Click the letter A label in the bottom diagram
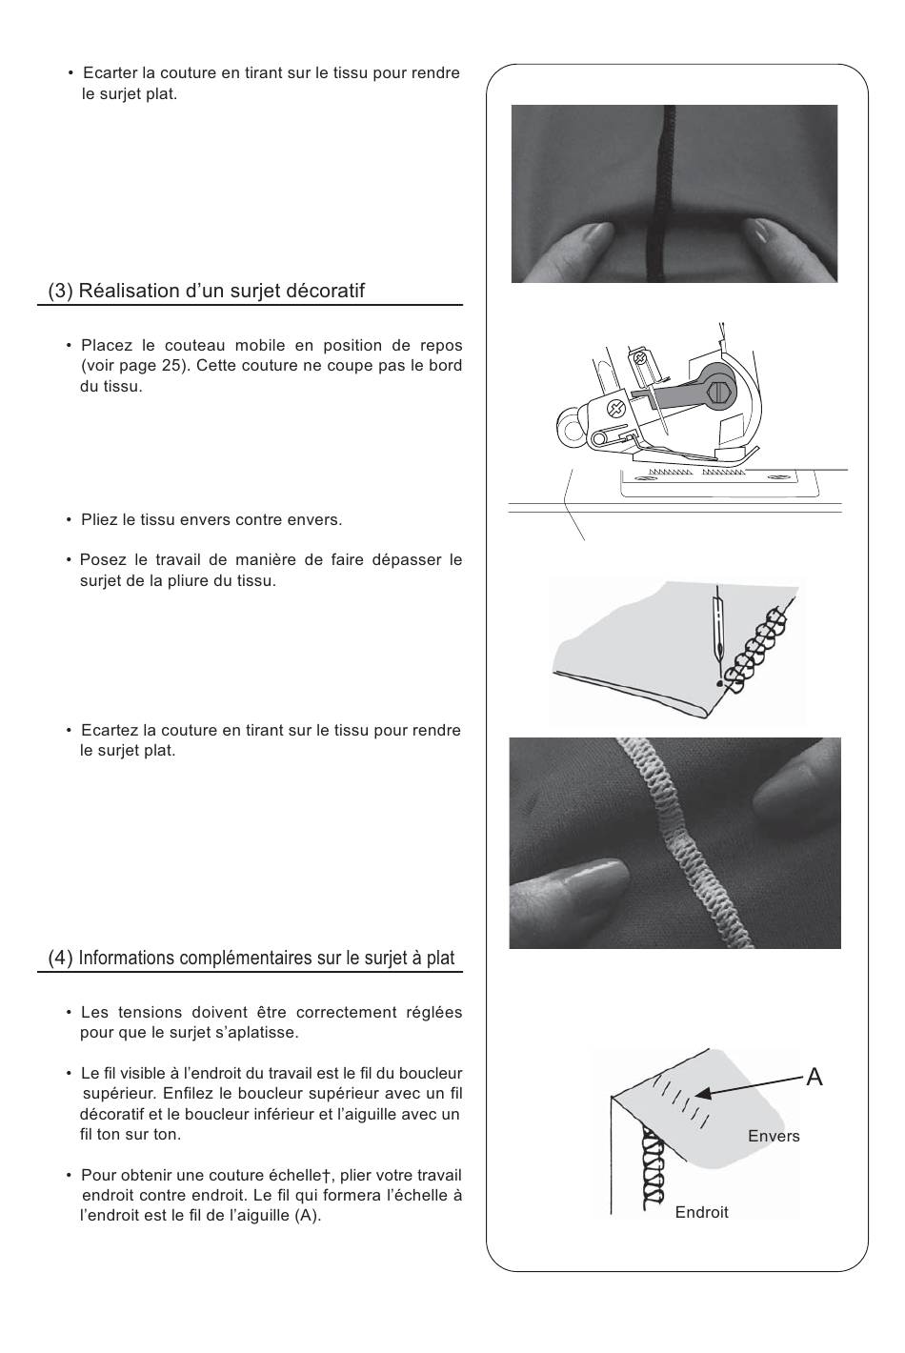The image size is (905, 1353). (x=814, y=1077)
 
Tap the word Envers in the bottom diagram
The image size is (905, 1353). (x=774, y=1136)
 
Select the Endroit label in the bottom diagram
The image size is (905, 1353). (x=701, y=1212)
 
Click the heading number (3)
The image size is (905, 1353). (x=60, y=292)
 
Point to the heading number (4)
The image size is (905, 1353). (x=60, y=958)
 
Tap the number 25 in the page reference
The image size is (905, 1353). (x=171, y=366)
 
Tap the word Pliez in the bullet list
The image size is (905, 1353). (x=99, y=520)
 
